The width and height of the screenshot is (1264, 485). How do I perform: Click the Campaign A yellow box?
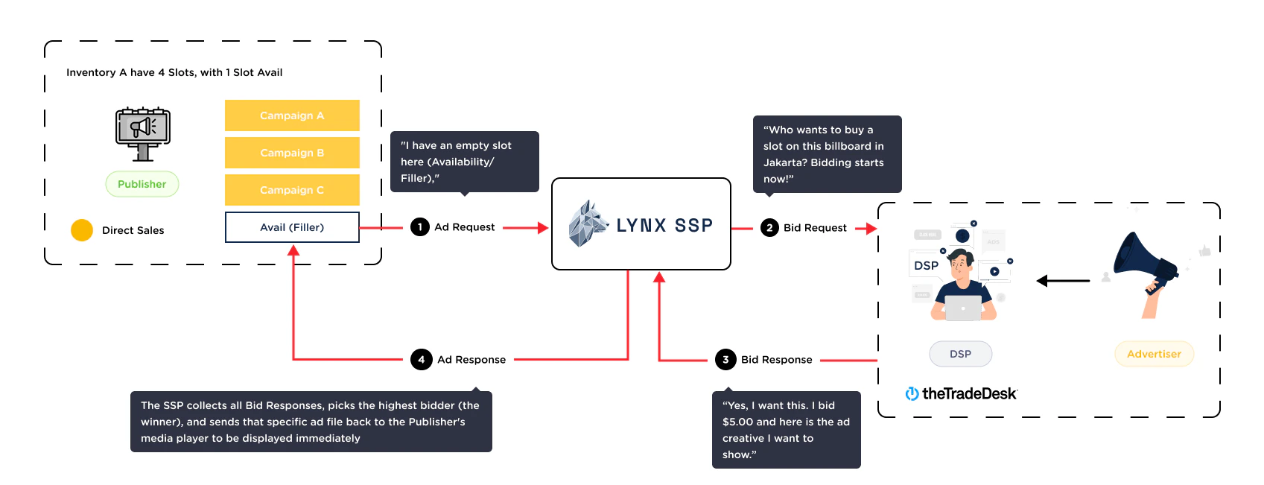292,115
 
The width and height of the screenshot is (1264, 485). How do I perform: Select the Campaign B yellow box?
292,153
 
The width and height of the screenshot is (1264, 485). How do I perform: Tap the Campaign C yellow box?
292,190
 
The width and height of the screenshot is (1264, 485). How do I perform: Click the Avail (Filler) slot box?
292,227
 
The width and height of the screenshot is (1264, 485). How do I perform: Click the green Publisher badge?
142,184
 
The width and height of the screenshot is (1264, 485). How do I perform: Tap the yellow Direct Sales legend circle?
82,230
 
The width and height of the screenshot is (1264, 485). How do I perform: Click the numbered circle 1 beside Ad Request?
420,227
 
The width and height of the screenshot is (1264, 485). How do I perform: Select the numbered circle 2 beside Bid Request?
769,228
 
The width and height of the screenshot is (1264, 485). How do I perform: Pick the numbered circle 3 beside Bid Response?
725,360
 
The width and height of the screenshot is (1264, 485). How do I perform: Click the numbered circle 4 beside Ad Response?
421,360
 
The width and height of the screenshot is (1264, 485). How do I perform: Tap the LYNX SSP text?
664,225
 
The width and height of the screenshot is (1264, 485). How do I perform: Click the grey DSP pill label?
960,354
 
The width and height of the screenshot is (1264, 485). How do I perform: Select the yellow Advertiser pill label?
1154,354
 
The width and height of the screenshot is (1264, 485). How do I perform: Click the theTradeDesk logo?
962,393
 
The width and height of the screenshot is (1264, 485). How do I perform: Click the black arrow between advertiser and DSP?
1063,281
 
